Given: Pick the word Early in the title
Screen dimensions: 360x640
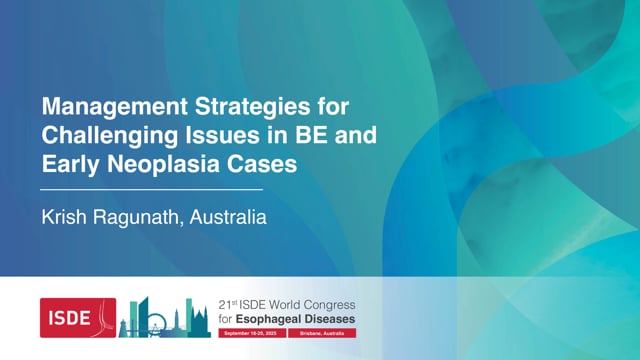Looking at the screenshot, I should [65, 164].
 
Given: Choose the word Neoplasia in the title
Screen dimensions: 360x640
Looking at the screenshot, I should [160, 164].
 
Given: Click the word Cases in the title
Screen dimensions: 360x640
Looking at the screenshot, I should [264, 164].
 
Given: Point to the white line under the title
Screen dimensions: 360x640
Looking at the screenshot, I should [151, 188].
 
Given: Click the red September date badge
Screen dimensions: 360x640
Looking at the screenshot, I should [250, 332].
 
